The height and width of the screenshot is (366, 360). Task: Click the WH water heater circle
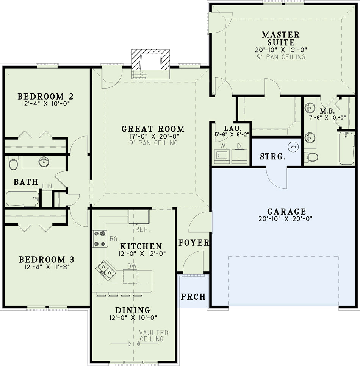click(293, 147)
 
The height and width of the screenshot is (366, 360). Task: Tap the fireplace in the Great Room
click(150, 64)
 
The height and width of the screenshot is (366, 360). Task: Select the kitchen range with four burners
click(100, 238)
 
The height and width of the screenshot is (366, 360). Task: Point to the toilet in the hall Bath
click(13, 163)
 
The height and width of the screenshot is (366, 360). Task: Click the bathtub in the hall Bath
click(22, 199)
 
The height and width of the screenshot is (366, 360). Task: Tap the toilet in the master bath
click(311, 157)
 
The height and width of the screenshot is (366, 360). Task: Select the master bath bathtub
click(347, 148)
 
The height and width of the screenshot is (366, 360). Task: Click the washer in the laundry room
click(222, 156)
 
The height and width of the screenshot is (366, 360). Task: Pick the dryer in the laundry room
click(239, 156)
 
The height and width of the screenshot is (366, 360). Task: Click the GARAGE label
click(286, 211)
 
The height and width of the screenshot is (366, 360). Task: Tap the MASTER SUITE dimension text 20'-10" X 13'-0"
click(281, 50)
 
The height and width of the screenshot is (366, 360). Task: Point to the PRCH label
click(193, 297)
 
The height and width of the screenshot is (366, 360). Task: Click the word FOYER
click(194, 243)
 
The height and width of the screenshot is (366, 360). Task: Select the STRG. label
click(272, 156)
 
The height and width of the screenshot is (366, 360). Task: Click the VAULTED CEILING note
click(153, 336)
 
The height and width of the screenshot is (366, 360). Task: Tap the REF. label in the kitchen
click(142, 229)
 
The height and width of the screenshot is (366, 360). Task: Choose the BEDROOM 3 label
click(47, 259)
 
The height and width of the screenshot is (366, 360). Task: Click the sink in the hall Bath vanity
click(44, 162)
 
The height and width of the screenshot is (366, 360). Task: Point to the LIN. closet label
click(48, 186)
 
